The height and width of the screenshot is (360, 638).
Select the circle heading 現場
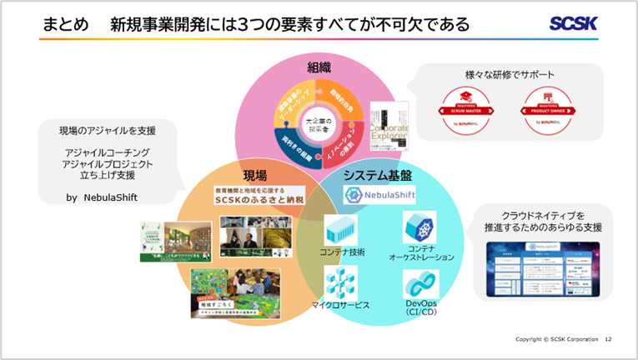[x=254, y=175]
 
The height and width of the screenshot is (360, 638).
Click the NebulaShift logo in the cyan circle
[x=380, y=195]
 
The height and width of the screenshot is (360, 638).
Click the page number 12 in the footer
[x=608, y=339]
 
